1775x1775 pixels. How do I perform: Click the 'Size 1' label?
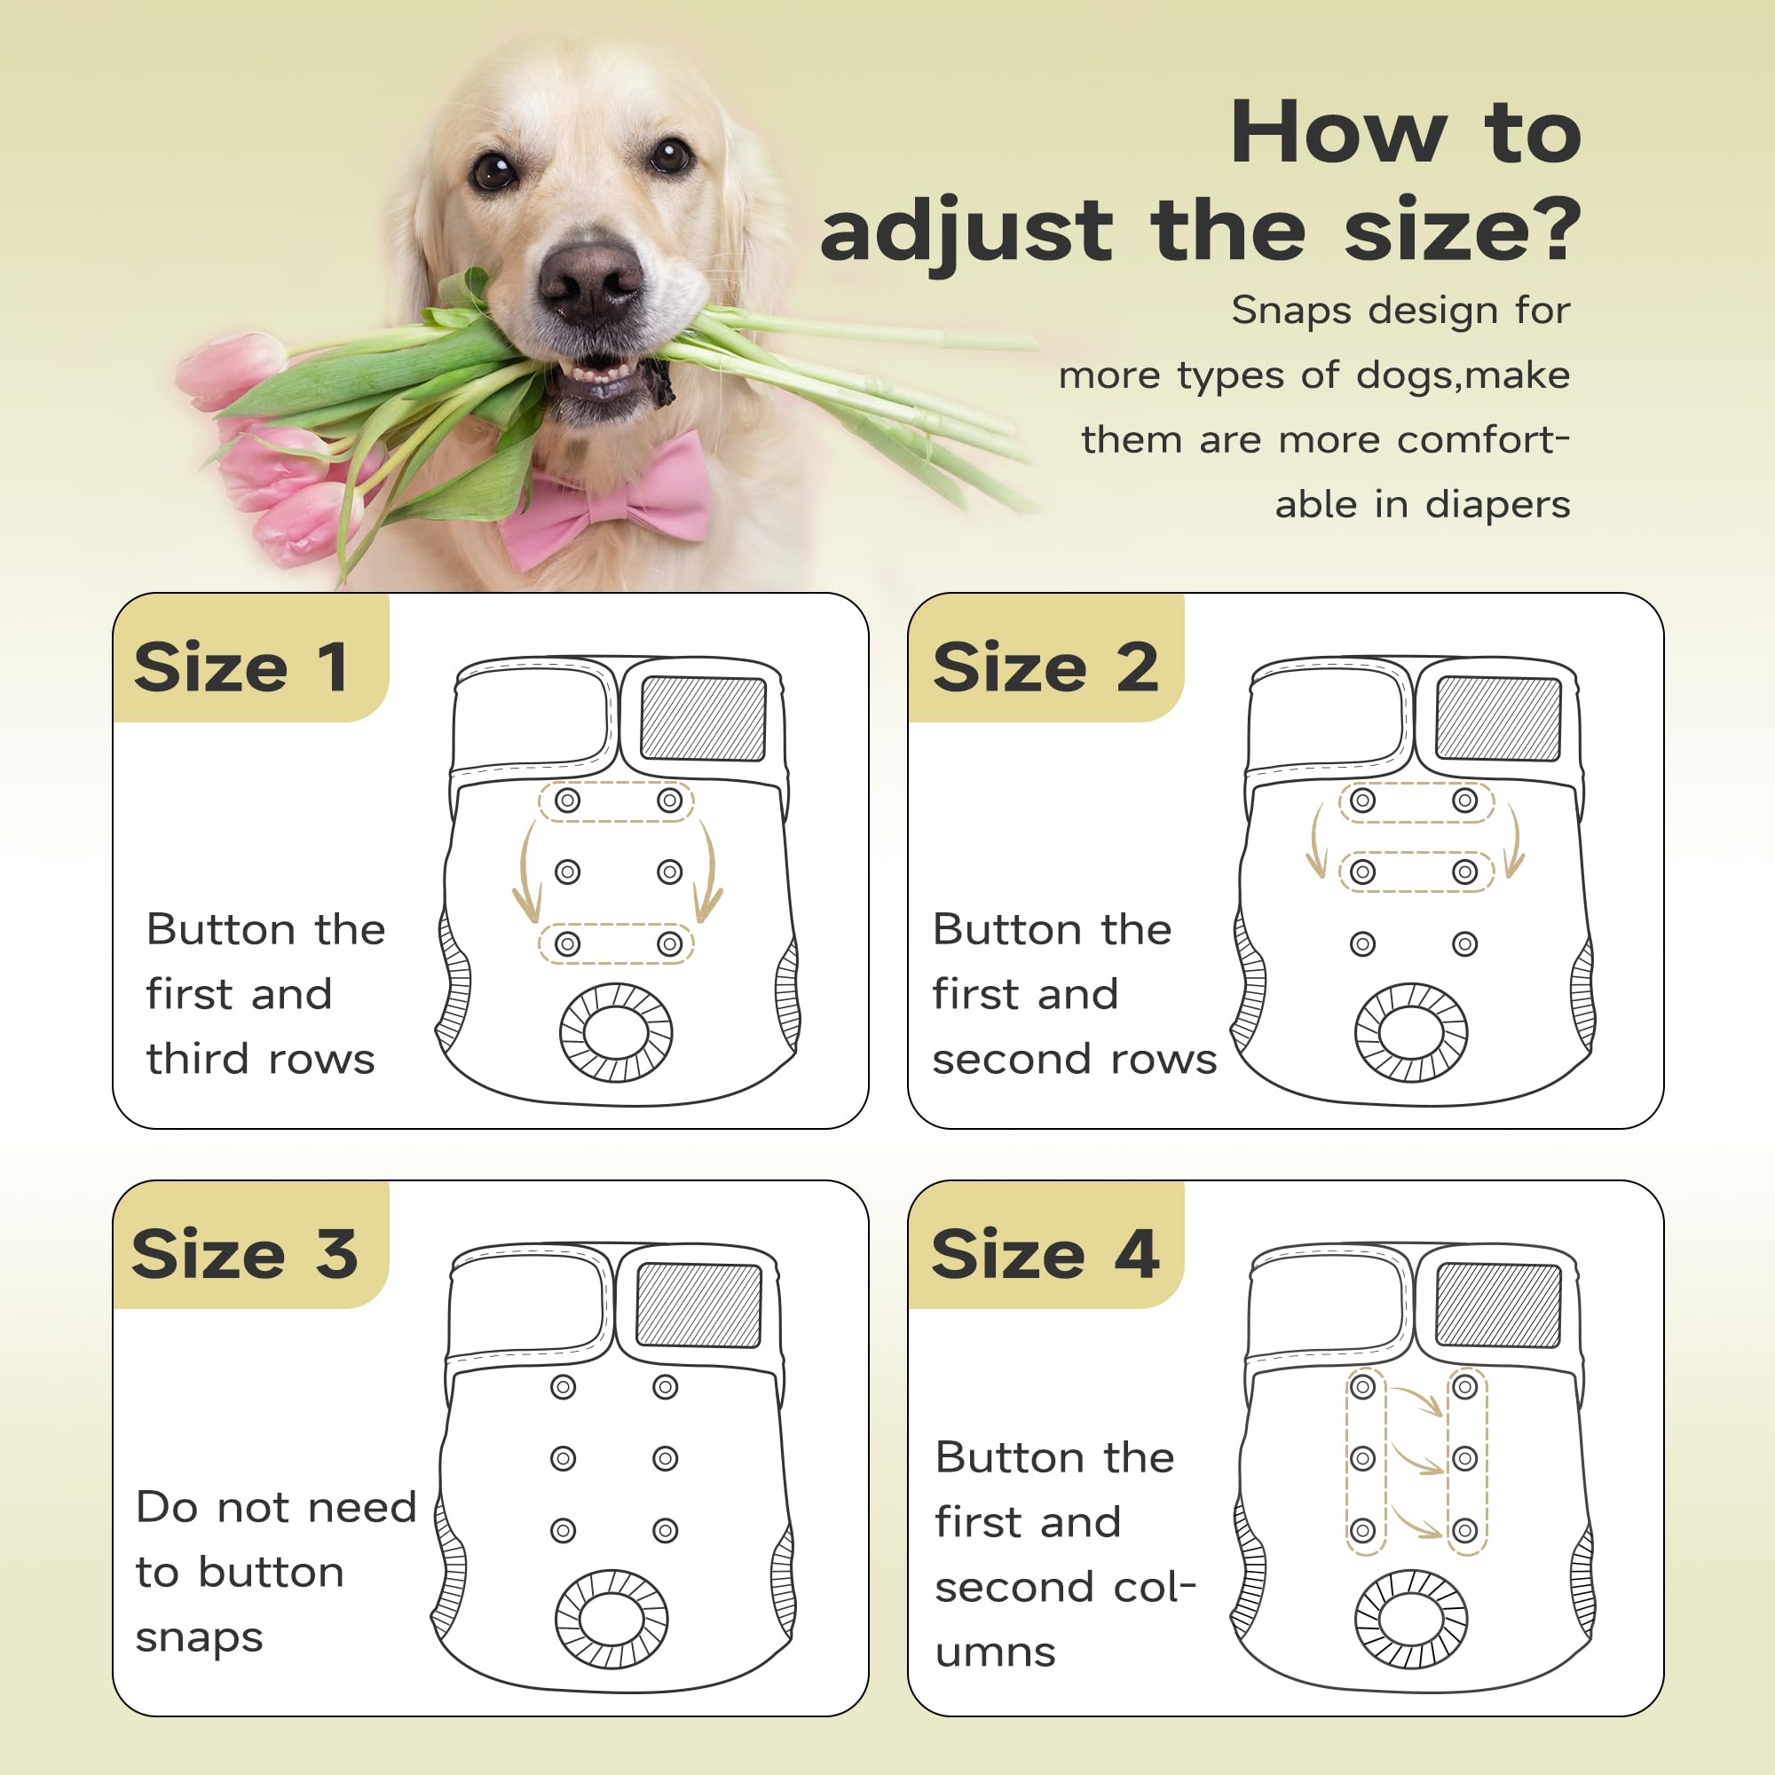pyautogui.click(x=241, y=668)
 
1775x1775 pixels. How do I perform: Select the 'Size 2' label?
pyautogui.click(x=1045, y=668)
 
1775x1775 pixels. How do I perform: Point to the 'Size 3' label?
pyautogui.click(x=244, y=1254)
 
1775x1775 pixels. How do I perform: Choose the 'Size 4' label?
pyautogui.click(x=1045, y=1254)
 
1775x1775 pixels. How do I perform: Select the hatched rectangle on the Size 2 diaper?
pyautogui.click(x=1498, y=719)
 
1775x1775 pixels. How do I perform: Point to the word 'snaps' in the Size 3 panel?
pyautogui.click(x=200, y=1639)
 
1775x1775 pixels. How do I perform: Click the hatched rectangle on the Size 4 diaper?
pyautogui.click(x=1498, y=1306)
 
